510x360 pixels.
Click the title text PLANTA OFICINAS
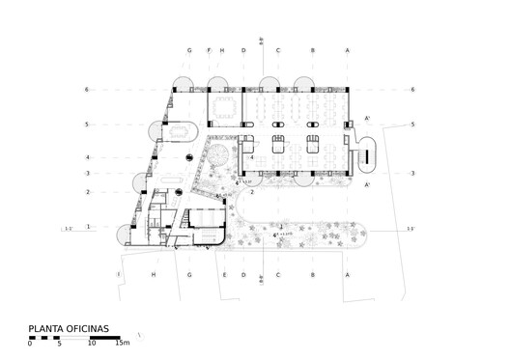[70, 328]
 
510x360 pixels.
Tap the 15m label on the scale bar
[123, 343]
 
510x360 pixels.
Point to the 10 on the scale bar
[91, 343]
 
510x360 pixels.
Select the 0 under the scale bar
[30, 343]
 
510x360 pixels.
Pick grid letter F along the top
[209, 50]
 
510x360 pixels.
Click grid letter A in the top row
[347, 50]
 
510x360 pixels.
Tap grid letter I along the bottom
[119, 275]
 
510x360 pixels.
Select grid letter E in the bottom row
[224, 275]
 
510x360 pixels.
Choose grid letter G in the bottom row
[190, 275]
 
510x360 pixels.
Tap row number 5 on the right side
[411, 125]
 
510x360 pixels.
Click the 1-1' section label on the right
[411, 229]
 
